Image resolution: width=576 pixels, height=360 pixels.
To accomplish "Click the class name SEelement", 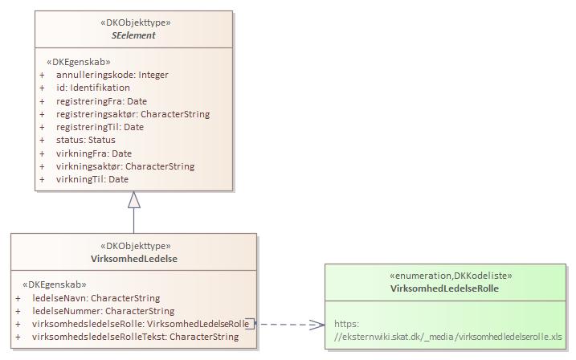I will (x=134, y=36).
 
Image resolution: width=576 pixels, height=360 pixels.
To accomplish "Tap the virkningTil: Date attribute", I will (x=92, y=179).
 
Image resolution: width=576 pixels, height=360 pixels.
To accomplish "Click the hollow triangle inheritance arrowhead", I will (x=134, y=200).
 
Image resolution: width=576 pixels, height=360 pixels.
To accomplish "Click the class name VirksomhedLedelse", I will (x=134, y=259).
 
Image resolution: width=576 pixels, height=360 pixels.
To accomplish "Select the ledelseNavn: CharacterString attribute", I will (x=96, y=298).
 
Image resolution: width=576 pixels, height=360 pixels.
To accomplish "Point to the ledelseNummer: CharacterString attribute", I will (x=103, y=311).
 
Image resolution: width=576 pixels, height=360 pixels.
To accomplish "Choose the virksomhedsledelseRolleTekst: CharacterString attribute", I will (x=135, y=337).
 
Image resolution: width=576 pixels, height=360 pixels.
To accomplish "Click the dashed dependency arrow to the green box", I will (x=289, y=324).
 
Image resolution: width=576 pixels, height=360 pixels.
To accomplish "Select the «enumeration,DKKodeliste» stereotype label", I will (x=450, y=276).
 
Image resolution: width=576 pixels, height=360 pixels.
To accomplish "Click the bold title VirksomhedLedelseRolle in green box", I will (x=450, y=288).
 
